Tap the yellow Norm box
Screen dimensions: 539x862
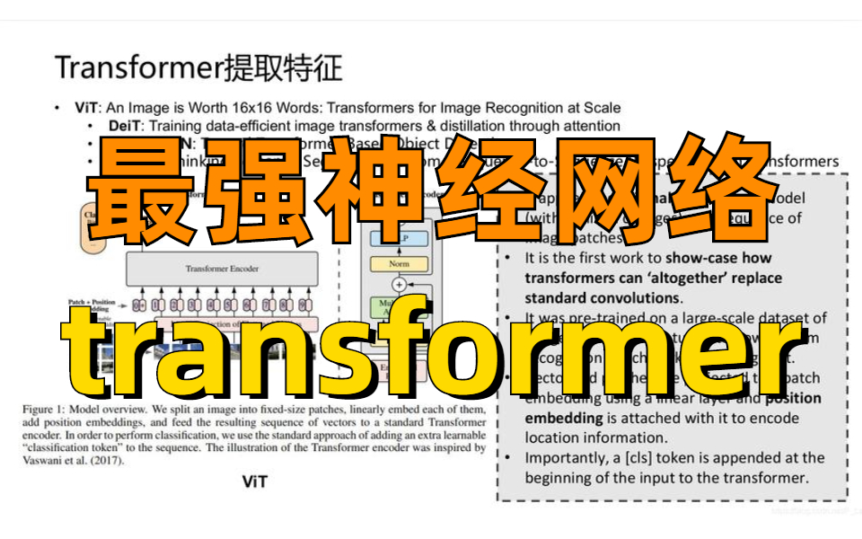(397, 263)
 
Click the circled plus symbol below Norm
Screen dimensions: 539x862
(397, 284)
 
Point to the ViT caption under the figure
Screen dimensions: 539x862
(254, 481)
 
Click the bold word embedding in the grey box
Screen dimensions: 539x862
(565, 418)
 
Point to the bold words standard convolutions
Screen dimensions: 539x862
(602, 296)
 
